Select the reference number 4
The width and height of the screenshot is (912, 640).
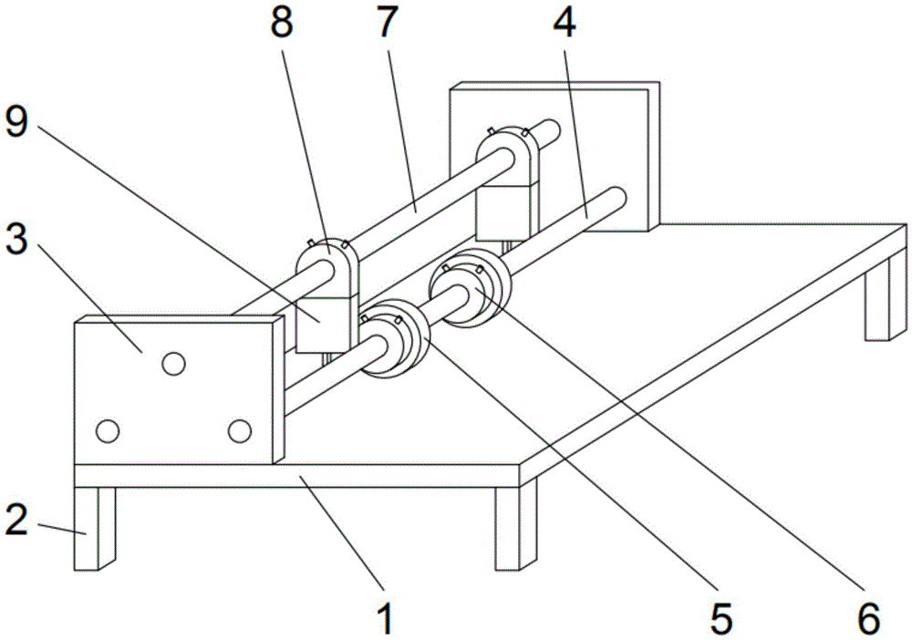coord(564,24)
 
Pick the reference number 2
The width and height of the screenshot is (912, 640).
coord(16,520)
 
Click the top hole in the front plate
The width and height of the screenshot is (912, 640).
coord(173,364)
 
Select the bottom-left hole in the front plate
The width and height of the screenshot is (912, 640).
coord(109,431)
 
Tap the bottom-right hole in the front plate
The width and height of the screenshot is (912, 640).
coord(240,431)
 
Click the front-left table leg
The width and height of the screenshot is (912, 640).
coord(95,528)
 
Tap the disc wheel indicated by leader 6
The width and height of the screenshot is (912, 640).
coord(469,284)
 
